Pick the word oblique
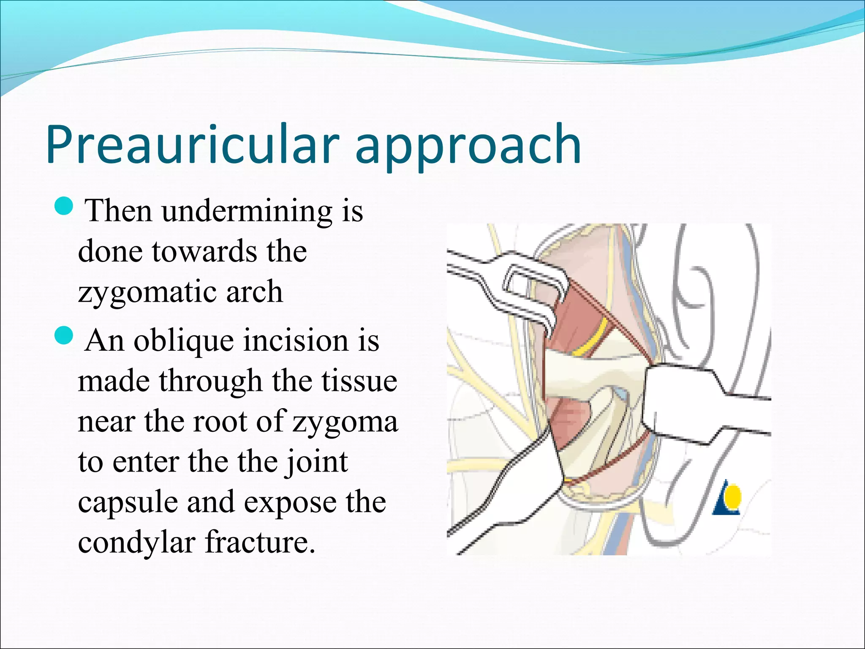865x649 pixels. [x=183, y=341]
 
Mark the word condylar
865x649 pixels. [x=136, y=543]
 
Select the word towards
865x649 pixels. [x=204, y=251]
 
